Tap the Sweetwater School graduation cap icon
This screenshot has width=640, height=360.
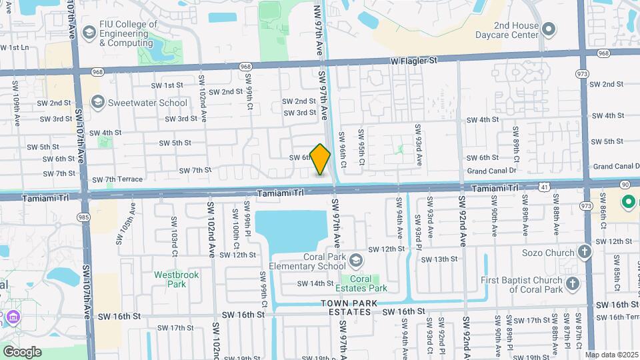click(98, 102)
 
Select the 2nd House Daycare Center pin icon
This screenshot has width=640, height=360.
click(549, 29)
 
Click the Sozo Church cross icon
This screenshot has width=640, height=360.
click(585, 252)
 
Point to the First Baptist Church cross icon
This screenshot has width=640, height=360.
click(573, 285)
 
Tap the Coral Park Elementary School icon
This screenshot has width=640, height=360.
click(356, 259)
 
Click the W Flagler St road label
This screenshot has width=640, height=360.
click(414, 60)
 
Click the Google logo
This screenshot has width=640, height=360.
click(21, 351)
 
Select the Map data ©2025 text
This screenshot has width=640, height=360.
click(611, 355)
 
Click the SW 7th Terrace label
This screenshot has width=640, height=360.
click(117, 179)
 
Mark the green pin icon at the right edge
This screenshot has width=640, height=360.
click(627, 201)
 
